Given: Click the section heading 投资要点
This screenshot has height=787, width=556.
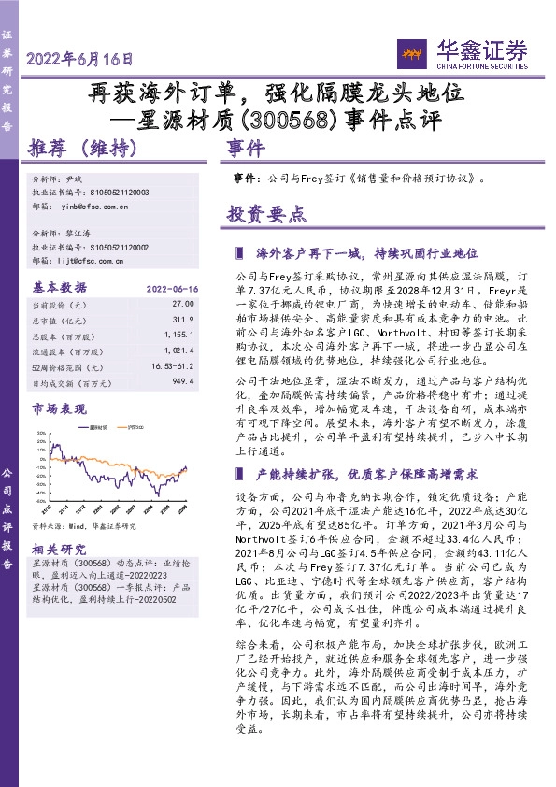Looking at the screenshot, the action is point(266,214).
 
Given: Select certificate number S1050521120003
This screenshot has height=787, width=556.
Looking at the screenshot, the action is point(118,192).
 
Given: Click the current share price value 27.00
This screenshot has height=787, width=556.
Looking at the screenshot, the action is point(182,305).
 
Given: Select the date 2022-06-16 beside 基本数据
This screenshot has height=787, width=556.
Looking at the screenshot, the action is point(173,289).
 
